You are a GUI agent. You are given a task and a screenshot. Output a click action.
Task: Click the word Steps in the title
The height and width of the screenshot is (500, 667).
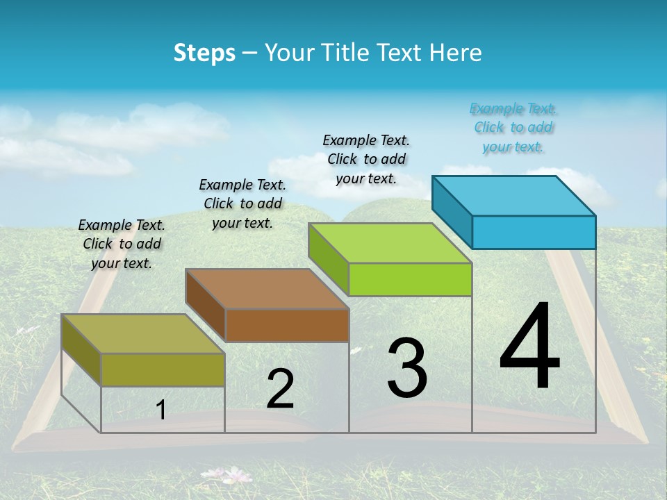[x=204, y=53]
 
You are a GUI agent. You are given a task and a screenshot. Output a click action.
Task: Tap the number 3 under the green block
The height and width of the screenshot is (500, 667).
[x=407, y=368]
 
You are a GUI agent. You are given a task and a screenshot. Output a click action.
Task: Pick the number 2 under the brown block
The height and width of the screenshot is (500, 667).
[x=281, y=389]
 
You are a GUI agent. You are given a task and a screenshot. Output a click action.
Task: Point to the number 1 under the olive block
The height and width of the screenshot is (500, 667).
[x=161, y=410]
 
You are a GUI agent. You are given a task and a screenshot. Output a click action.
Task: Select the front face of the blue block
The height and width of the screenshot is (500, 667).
[x=534, y=232]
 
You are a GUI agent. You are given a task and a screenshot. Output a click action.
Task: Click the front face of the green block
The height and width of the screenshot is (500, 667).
[x=410, y=279]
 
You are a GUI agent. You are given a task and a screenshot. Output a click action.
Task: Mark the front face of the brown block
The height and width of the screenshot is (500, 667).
[x=287, y=325]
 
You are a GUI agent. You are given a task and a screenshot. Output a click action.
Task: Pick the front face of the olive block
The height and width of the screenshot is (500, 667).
[x=163, y=369]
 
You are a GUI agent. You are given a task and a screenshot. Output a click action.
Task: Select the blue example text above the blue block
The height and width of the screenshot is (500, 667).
[x=513, y=128]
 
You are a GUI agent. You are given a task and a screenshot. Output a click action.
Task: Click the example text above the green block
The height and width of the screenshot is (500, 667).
[x=366, y=159]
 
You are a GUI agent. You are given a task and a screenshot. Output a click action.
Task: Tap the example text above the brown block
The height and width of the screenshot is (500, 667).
[x=242, y=203]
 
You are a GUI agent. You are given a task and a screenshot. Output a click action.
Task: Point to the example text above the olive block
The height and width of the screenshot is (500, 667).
[x=122, y=244]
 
